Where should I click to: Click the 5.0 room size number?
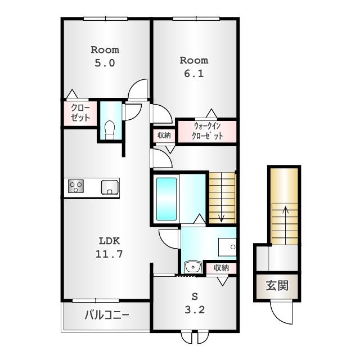click(x=105, y=64)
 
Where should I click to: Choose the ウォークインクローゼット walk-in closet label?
click(x=207, y=130)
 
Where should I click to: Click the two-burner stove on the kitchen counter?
click(x=76, y=187)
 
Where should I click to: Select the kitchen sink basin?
click(x=110, y=187)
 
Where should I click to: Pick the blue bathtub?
click(x=166, y=199)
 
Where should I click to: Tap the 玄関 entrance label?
click(x=277, y=285)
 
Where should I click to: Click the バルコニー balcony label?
click(x=107, y=314)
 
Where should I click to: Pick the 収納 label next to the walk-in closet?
click(x=164, y=135)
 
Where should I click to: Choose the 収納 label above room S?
click(x=221, y=268)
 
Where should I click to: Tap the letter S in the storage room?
click(x=194, y=294)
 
